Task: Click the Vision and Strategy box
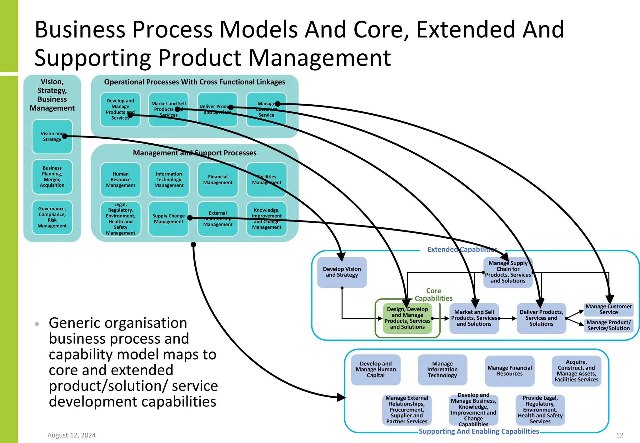tap(52, 137)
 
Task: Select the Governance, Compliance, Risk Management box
tap(52, 217)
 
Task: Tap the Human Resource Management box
tap(121, 180)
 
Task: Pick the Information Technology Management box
tap(169, 180)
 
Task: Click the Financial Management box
tap(218, 180)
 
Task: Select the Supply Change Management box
tap(168, 219)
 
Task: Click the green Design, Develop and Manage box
tap(407, 318)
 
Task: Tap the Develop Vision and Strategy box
tap(342, 272)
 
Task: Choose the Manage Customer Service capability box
tap(608, 309)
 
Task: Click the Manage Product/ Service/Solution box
tap(608, 325)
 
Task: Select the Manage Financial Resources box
tap(509, 371)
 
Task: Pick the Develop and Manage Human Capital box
tap(376, 370)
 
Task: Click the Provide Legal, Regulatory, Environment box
tap(540, 410)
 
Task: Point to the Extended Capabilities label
tap(462, 249)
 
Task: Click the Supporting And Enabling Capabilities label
tap(479, 431)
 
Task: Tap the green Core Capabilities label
tap(433, 295)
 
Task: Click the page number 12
tap(619, 435)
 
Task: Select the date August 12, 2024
tap(72, 435)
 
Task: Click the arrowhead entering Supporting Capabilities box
tap(342, 398)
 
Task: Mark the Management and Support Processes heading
tap(194, 153)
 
